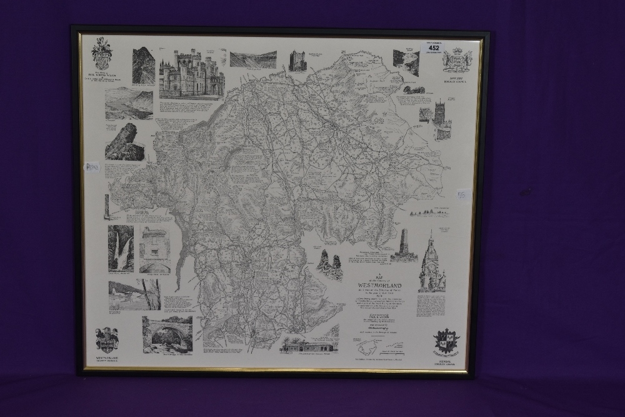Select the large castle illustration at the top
coord(191,74)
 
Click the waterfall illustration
coord(121,248)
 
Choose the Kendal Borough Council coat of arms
coord(447,341)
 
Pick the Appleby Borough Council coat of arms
coord(457,60)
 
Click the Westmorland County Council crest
coord(107,339)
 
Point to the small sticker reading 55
coord(463,194)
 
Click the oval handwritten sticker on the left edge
coord(92,168)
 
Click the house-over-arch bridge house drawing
coord(154,249)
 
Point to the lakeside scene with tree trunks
coord(134,294)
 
